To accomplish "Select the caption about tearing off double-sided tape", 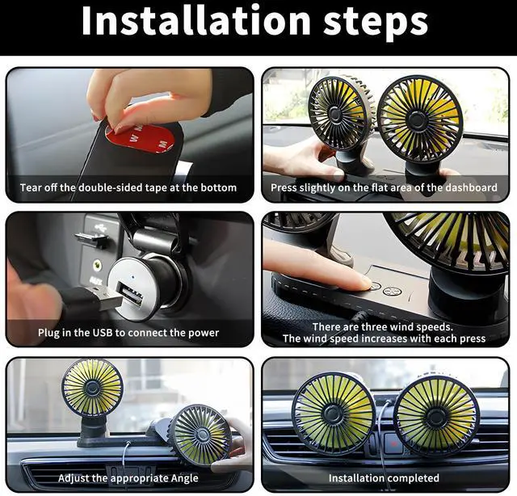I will (x=128, y=187).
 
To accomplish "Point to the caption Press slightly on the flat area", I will (x=384, y=187).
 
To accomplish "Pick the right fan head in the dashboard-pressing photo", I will (x=419, y=117).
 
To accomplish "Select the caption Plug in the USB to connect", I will (x=128, y=332).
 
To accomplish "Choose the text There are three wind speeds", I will (x=384, y=326).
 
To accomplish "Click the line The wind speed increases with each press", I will (x=384, y=338).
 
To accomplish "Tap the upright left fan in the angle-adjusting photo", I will (x=92, y=389).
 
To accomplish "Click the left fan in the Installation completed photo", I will (x=333, y=413).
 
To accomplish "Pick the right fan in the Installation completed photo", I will (x=437, y=416).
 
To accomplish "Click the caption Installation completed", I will (x=383, y=477).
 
